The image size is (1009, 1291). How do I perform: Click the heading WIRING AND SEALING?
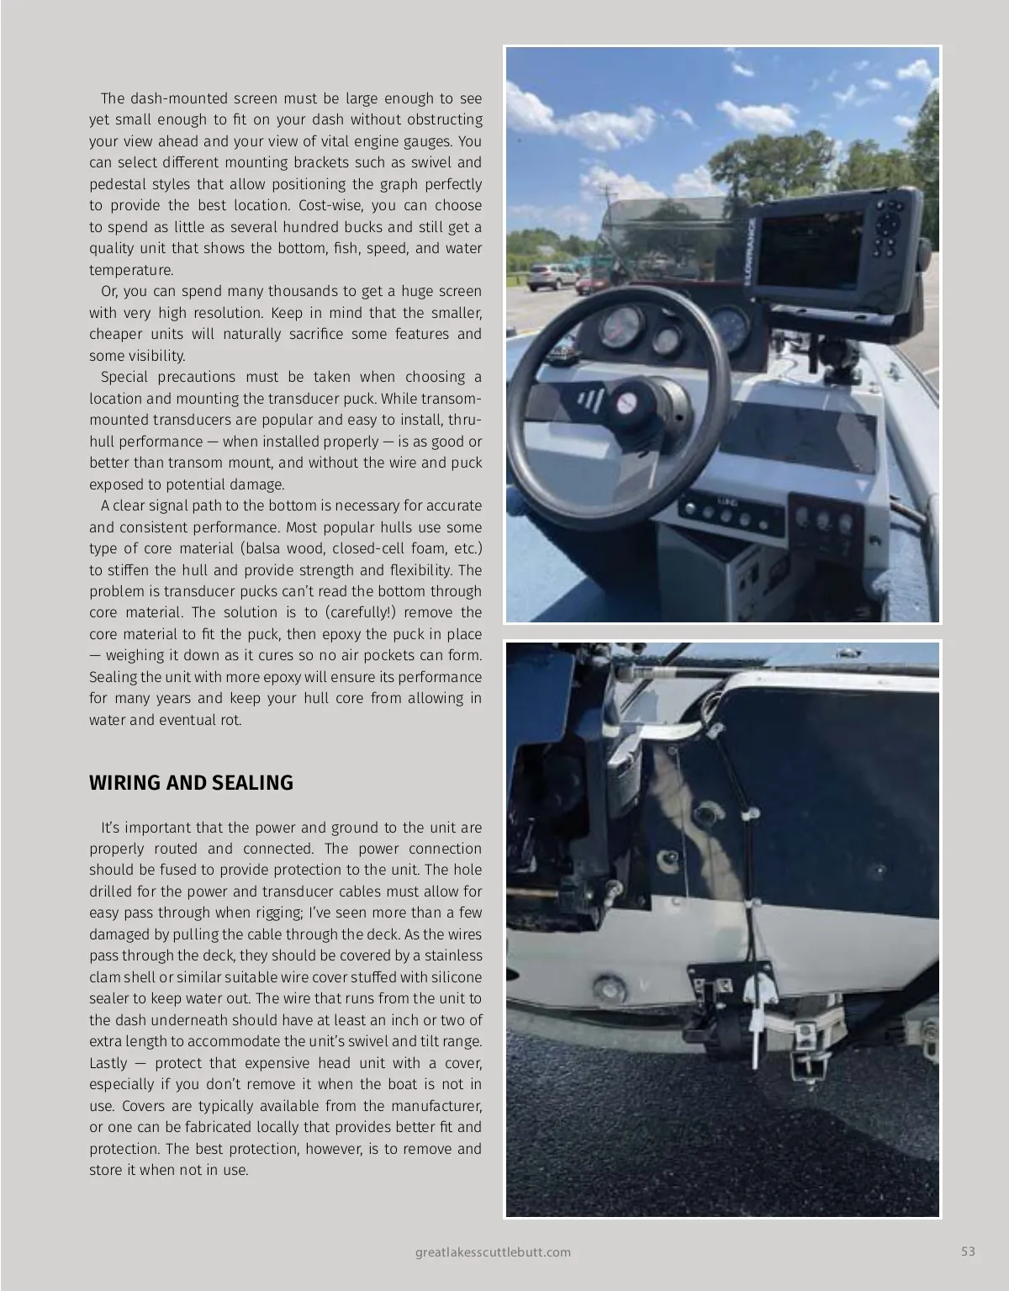[191, 783]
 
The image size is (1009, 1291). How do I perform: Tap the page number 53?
[968, 1251]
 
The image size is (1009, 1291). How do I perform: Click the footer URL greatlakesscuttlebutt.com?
[493, 1251]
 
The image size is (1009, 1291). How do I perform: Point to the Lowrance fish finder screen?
[811, 250]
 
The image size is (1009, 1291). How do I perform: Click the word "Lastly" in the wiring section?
[109, 1063]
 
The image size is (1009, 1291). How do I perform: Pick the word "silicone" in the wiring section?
[457, 977]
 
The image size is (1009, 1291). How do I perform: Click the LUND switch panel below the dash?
[729, 513]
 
